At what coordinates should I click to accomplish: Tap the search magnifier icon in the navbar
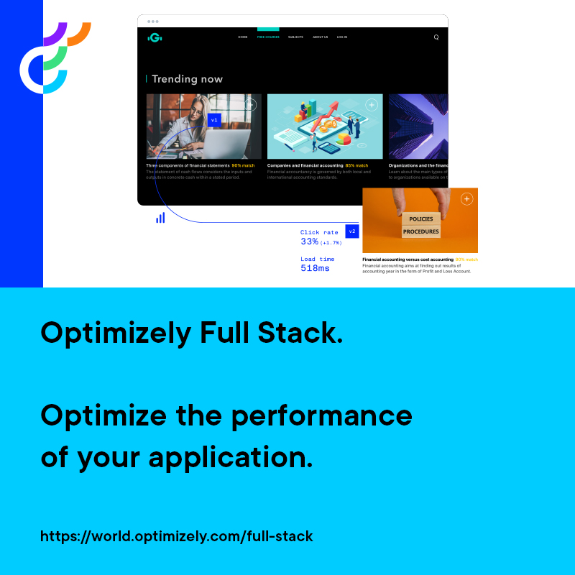[x=436, y=37]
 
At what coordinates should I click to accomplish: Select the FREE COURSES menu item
[x=268, y=37]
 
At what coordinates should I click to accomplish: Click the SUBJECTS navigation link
[x=295, y=37]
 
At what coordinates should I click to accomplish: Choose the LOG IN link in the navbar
[x=342, y=37]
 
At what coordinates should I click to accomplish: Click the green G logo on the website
[x=154, y=37]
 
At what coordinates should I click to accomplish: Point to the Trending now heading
[x=187, y=79]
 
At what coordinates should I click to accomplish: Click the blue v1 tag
[x=214, y=120]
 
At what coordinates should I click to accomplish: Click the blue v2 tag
[x=352, y=231]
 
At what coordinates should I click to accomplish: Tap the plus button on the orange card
[x=466, y=199]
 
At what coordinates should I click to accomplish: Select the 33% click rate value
[x=310, y=242]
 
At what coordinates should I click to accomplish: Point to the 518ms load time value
[x=315, y=268]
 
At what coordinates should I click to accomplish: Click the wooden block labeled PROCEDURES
[x=420, y=232]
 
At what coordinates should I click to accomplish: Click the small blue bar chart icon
[x=160, y=217]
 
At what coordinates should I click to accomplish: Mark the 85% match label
[x=356, y=165]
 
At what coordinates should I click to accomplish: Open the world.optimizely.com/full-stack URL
[x=177, y=536]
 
